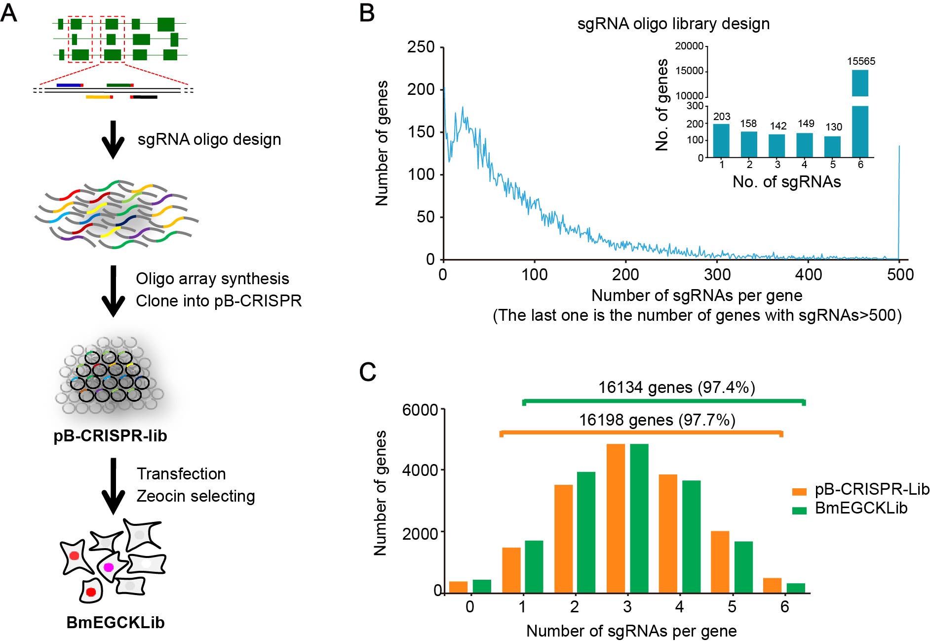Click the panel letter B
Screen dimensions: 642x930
[x=367, y=13]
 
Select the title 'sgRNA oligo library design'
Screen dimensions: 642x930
[x=673, y=24]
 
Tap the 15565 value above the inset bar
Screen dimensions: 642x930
[x=861, y=61]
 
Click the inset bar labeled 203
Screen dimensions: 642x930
[x=721, y=140]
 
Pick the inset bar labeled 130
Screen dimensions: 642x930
[x=832, y=146]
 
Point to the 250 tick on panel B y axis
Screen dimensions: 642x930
[x=421, y=47]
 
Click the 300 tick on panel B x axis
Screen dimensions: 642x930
[x=717, y=274]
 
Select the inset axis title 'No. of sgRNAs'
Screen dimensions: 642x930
[x=786, y=182]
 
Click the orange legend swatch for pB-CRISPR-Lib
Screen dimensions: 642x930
[x=799, y=491]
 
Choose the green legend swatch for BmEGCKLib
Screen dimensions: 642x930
[x=799, y=510]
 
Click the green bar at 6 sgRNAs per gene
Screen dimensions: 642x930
[x=796, y=588]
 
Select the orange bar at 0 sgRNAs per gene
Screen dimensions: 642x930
[x=458, y=587]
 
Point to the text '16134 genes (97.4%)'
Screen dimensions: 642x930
[x=676, y=387]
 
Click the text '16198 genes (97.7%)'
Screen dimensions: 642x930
[x=657, y=420]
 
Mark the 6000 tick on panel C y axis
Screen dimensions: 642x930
[x=420, y=410]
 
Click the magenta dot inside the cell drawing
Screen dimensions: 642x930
[x=108, y=567]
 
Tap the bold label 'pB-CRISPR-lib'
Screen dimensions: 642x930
[x=110, y=436]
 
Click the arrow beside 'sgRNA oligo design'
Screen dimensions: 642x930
[x=113, y=139]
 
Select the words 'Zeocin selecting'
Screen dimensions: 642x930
[x=195, y=496]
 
